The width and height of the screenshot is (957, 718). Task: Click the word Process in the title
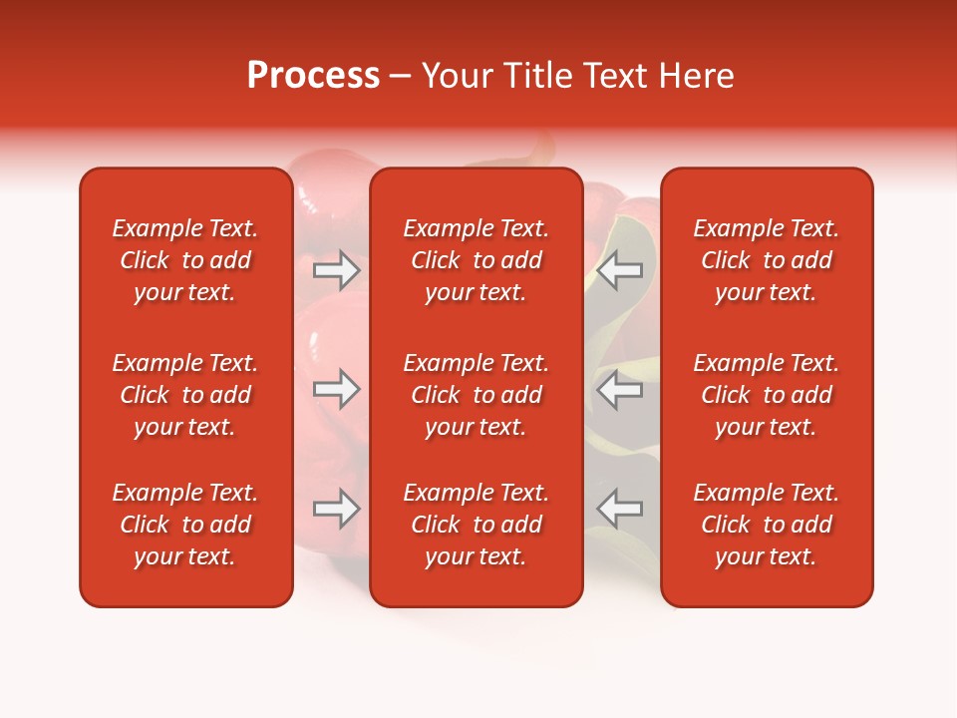(x=313, y=76)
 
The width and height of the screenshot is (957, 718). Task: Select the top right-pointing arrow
(x=336, y=270)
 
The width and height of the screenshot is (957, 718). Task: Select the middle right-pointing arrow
(x=336, y=390)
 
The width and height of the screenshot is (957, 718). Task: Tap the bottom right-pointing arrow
(x=336, y=509)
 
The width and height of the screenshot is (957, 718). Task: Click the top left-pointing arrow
(x=620, y=270)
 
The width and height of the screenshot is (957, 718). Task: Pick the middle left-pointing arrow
(x=620, y=390)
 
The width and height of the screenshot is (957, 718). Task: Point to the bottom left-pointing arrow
(x=620, y=509)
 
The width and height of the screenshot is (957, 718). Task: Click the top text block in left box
(x=185, y=260)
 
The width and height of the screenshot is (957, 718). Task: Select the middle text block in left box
(x=185, y=395)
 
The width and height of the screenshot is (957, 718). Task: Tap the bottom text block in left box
(x=185, y=525)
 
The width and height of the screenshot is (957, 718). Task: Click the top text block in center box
(x=476, y=260)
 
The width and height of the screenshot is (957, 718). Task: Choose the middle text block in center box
(x=476, y=395)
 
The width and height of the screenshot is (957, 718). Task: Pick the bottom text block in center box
(x=476, y=525)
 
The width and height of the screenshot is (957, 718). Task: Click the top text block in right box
(x=767, y=260)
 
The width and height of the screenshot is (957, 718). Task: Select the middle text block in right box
(x=767, y=395)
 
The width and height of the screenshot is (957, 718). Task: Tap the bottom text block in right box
(x=767, y=525)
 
